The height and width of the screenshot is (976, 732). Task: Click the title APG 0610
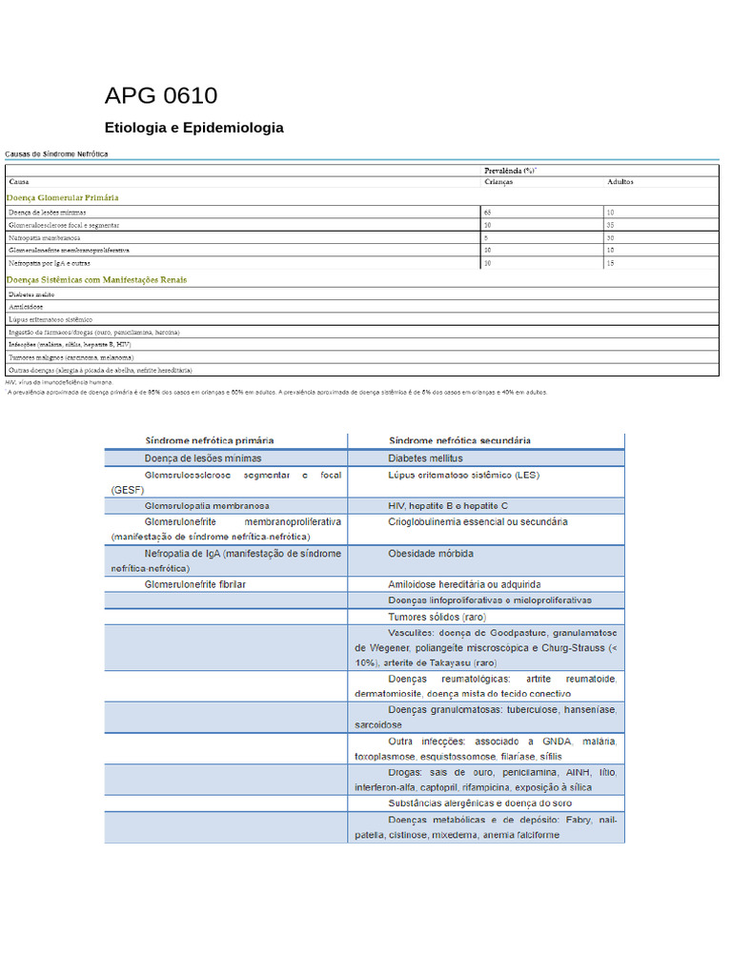(160, 95)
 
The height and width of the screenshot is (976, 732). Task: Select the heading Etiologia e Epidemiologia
(193, 128)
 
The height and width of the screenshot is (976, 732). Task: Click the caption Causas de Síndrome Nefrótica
(57, 153)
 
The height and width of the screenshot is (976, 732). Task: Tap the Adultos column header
(620, 181)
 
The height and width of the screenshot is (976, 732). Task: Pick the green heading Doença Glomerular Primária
(63, 197)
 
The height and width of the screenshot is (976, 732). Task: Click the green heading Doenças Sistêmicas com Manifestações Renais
(96, 280)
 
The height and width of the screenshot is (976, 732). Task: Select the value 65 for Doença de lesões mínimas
(488, 212)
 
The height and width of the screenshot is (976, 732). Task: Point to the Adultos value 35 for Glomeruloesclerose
(610, 225)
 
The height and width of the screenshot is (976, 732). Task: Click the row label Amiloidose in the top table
(25, 307)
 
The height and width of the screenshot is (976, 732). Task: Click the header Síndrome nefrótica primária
(209, 440)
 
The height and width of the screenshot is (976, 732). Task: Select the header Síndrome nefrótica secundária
(459, 440)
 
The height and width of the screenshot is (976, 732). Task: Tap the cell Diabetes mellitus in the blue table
(425, 457)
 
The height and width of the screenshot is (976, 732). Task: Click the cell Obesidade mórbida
(431, 553)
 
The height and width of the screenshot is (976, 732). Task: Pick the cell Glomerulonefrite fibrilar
(194, 584)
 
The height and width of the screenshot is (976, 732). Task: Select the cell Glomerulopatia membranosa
(207, 505)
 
